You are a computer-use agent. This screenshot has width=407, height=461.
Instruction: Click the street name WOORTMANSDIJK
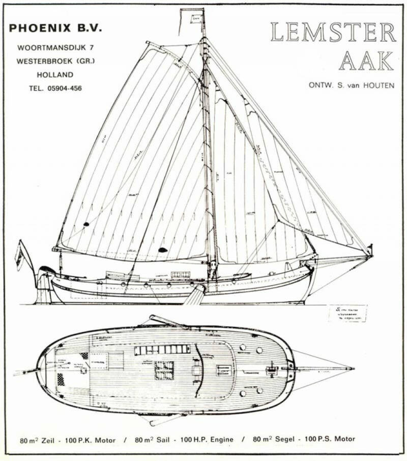click(47, 48)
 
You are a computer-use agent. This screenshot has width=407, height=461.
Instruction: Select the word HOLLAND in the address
click(55, 74)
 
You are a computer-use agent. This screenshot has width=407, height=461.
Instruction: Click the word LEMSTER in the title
click(333, 33)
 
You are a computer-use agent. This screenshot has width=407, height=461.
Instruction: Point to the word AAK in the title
click(366, 61)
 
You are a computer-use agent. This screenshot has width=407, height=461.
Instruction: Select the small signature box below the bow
click(347, 313)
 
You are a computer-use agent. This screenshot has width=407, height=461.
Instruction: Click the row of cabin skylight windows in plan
click(162, 350)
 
